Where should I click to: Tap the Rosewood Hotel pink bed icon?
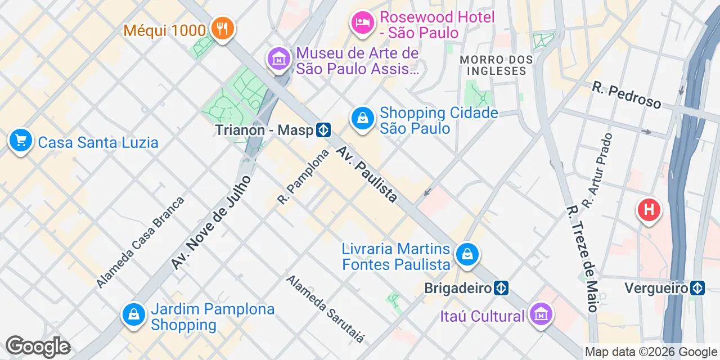click(x=363, y=22)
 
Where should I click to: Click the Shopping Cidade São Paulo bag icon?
click(x=363, y=119)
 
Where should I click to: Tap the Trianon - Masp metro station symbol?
click(x=323, y=130)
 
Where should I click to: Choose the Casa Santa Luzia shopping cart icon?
click(x=21, y=140)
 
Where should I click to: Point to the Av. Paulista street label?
click(x=367, y=174)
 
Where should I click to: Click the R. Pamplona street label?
click(x=303, y=177)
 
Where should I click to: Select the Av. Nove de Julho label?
click(x=210, y=222)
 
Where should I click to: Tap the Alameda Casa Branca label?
click(x=140, y=242)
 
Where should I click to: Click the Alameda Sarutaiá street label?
click(x=325, y=309)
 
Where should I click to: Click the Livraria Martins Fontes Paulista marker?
click(x=467, y=254)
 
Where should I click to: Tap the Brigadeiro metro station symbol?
click(x=501, y=288)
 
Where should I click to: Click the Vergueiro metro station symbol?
click(x=697, y=288)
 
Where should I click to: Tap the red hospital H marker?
click(x=649, y=210)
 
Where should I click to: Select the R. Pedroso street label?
click(x=626, y=94)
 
